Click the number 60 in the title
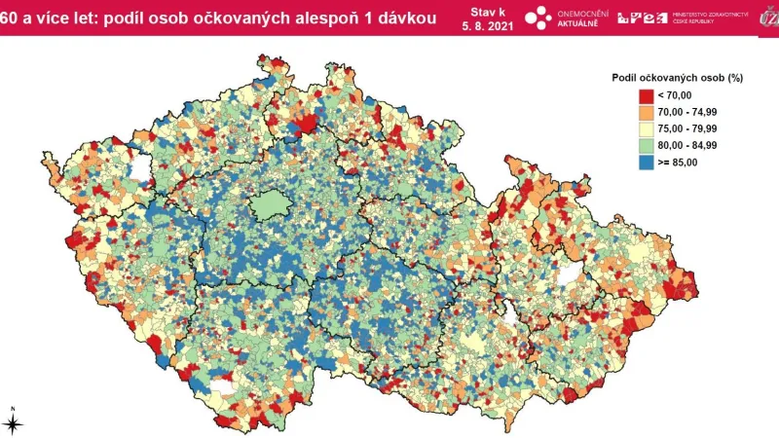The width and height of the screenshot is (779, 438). click(x=12, y=17)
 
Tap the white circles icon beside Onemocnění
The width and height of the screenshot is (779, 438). click(x=538, y=18)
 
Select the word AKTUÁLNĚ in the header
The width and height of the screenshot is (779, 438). click(x=582, y=24)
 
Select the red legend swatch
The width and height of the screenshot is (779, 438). click(x=646, y=94)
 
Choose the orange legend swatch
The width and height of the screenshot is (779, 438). click(x=646, y=112)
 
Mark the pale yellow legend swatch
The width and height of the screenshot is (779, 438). click(x=646, y=128)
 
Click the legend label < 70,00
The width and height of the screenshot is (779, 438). click(x=674, y=94)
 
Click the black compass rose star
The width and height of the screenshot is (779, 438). click(x=13, y=422)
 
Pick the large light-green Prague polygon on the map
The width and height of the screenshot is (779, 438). click(x=265, y=206)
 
